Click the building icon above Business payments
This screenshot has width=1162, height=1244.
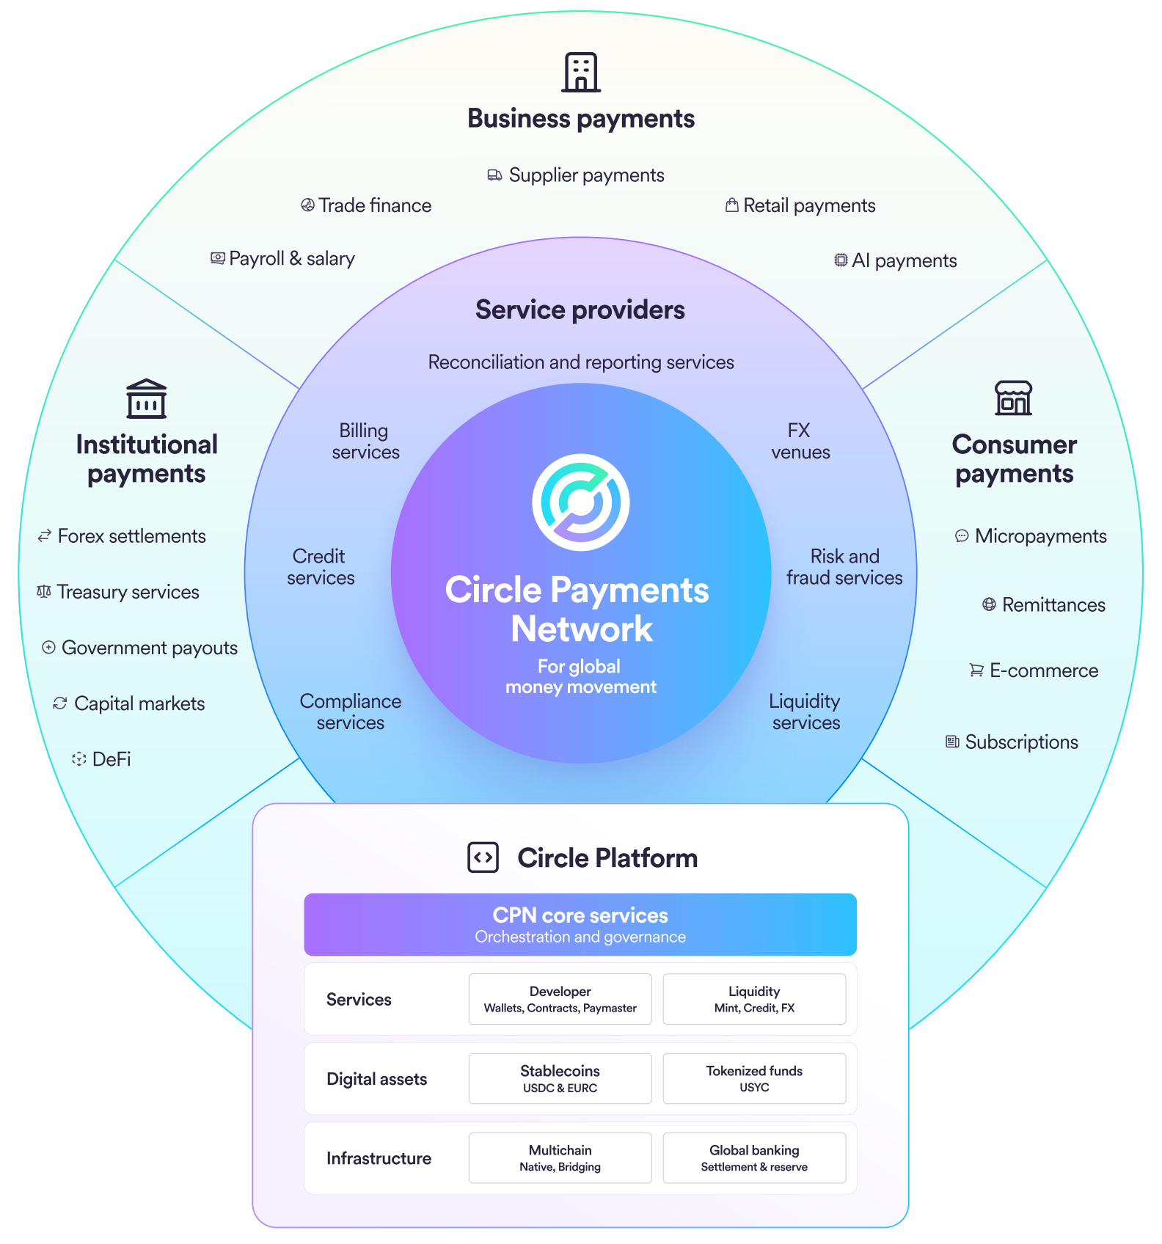click(x=581, y=72)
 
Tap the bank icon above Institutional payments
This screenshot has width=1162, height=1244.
click(x=146, y=399)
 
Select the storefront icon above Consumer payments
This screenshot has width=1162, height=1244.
click(x=1013, y=398)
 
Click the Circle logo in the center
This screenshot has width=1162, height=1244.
click(x=580, y=502)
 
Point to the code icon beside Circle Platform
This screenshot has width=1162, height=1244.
click(x=483, y=857)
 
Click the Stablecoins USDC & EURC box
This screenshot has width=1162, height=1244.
click(x=560, y=1078)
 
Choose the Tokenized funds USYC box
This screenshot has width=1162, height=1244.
click(x=754, y=1078)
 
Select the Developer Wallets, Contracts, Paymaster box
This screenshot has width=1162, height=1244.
click(x=560, y=999)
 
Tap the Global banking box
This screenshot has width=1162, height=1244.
click(x=754, y=1157)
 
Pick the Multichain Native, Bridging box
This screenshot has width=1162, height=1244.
click(x=560, y=1157)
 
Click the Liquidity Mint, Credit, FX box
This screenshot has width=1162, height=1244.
click(x=754, y=999)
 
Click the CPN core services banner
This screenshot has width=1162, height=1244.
click(x=580, y=924)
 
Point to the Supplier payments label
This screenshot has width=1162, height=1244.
click(x=585, y=175)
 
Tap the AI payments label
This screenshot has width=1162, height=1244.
click(x=904, y=260)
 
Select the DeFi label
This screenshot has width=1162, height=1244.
click(x=112, y=759)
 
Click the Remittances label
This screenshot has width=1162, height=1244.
click(x=1053, y=605)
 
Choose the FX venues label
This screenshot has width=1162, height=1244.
click(x=800, y=441)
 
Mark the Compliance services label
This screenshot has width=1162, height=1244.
click(x=351, y=711)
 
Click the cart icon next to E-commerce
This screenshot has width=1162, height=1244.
click(x=976, y=670)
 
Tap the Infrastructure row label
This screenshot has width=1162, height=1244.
click(x=379, y=1158)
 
